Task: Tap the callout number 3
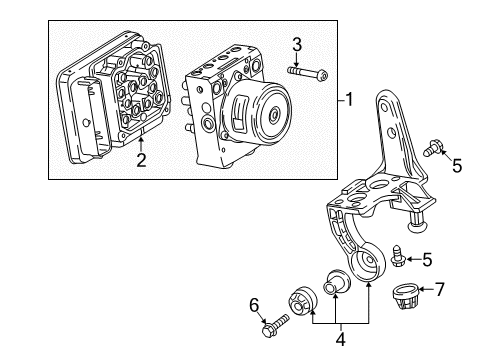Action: [x=296, y=43]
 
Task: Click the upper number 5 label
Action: [x=456, y=165]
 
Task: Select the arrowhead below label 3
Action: [x=296, y=63]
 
